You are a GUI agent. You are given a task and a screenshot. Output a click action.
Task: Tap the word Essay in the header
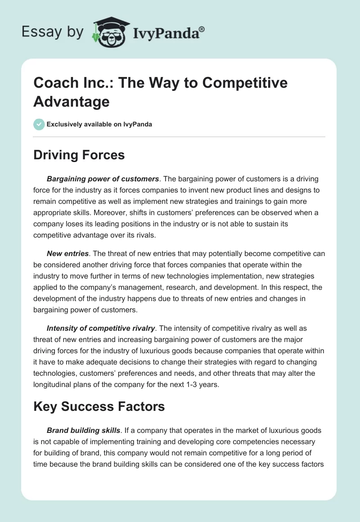pos(38,32)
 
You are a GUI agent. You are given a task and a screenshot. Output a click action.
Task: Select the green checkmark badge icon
pos(39,124)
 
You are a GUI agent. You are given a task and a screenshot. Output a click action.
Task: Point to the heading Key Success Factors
pos(99,407)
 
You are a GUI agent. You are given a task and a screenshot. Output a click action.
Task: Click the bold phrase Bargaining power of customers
pos(103,179)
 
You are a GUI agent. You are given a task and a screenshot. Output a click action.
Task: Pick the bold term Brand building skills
pos(84,431)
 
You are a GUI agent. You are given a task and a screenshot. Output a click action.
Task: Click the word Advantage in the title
pos(72,101)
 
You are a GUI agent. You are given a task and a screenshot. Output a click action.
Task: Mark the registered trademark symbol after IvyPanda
pos(202,28)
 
